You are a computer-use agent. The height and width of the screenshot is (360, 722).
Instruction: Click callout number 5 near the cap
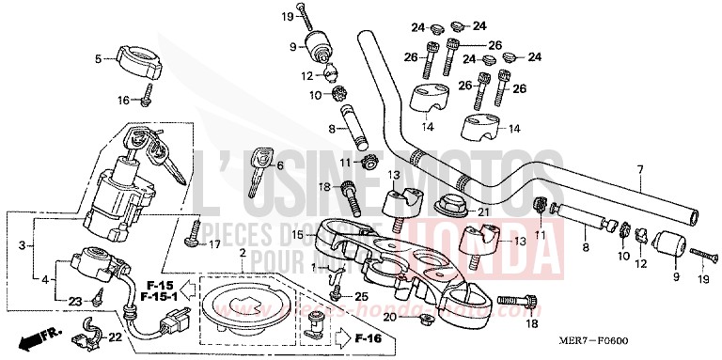pos(98,59)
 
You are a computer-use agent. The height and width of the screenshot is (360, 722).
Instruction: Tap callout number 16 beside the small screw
pos(123,100)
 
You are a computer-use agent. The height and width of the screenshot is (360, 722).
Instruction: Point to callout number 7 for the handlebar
pos(640,170)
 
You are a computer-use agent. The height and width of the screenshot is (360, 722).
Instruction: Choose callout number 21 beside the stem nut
pos(483,212)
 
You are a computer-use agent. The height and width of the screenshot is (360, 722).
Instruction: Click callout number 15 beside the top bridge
pos(297,234)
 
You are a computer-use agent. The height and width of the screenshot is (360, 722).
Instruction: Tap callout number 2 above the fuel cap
pos(242,255)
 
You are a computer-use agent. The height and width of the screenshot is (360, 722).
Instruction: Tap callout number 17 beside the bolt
pos(215,244)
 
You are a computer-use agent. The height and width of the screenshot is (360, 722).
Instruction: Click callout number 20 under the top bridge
pos(390,318)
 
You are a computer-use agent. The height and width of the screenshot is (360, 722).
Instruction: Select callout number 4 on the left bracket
pos(43,279)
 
